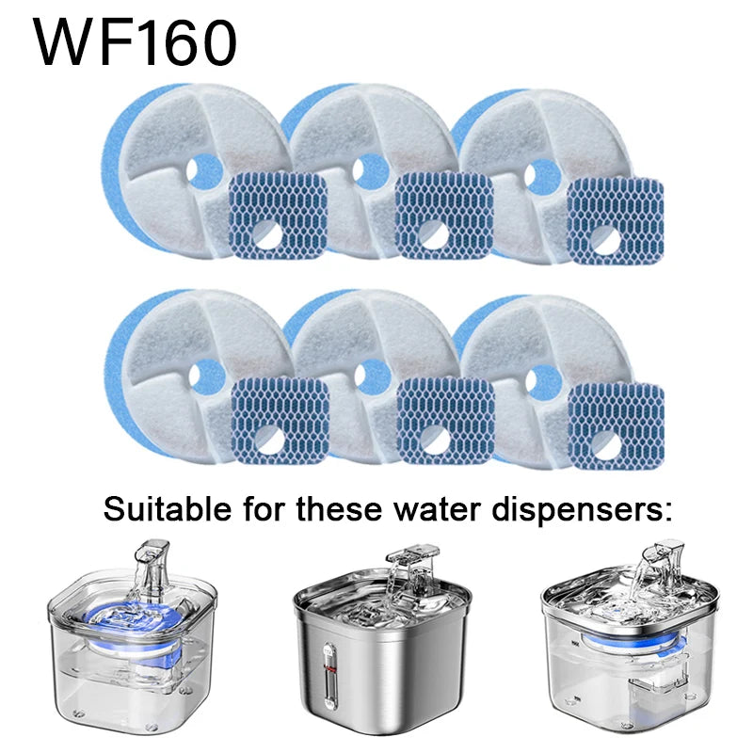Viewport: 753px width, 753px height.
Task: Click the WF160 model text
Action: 135,42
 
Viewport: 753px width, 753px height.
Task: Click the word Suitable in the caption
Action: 168,509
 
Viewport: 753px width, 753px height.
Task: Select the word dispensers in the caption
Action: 582,511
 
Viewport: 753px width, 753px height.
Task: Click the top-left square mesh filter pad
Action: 279,216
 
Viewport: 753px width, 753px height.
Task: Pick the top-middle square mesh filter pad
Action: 444,216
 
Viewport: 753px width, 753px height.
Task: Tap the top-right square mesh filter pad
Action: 616,220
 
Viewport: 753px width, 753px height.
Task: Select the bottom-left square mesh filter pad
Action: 280,421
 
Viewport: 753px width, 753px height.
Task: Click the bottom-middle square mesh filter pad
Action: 446,421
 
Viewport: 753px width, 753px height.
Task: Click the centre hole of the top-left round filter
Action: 204,171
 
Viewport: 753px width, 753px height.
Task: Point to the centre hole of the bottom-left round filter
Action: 206,376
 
